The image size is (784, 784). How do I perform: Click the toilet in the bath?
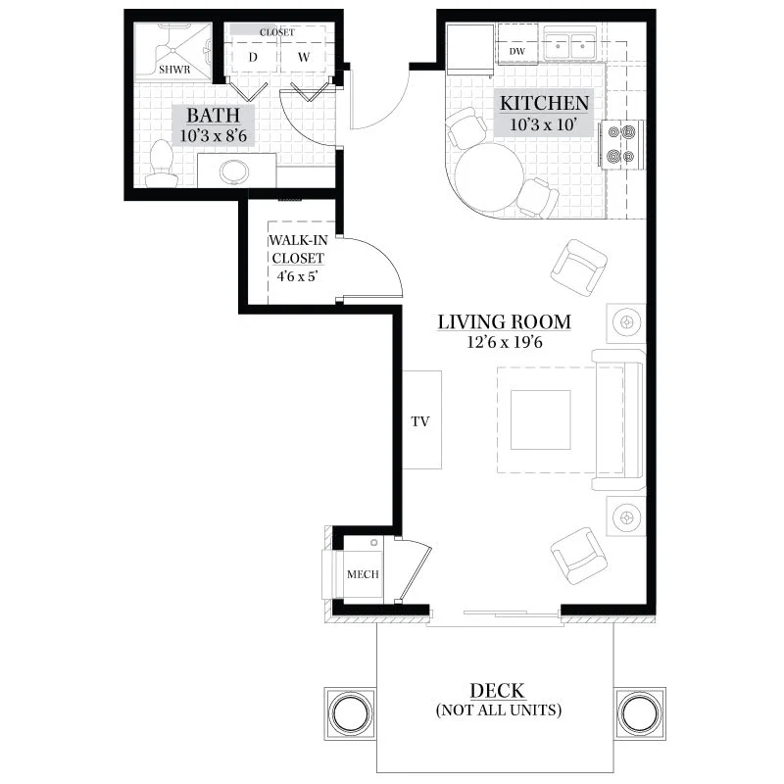161,164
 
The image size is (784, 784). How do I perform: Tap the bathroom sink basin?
234,171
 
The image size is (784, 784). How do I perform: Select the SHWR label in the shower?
174,70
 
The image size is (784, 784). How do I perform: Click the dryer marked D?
253,57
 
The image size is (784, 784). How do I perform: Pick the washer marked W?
304,57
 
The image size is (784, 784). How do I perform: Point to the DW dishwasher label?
517,51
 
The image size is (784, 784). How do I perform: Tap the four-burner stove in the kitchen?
621,144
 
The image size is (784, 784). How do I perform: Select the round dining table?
489,177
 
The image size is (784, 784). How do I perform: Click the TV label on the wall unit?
420,421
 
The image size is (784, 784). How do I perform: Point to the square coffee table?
541,420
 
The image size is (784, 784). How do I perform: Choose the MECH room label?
363,574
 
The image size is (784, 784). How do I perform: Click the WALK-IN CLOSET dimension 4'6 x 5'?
298,276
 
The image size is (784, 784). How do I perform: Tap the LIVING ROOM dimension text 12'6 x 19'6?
505,342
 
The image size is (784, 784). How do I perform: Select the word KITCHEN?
545,103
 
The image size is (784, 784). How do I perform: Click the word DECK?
498,691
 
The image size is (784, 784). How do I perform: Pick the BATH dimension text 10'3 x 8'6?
214,135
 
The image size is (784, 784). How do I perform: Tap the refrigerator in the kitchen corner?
470,49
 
